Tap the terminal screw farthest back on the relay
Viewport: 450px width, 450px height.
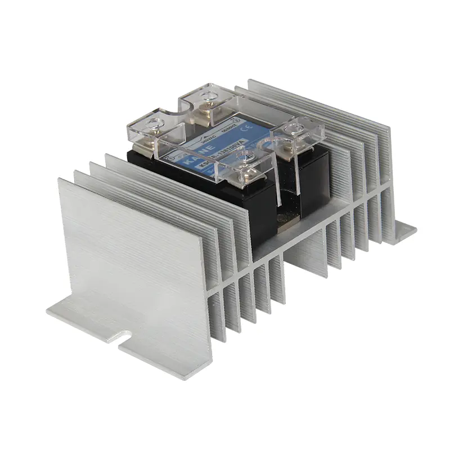[x=208, y=91]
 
